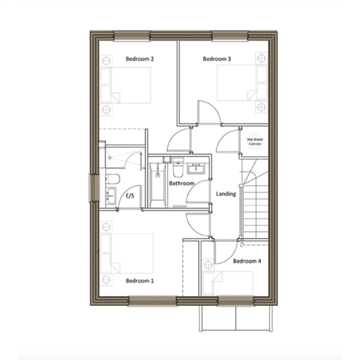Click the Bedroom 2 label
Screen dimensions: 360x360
[140, 59]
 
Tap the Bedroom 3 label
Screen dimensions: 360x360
[217, 59]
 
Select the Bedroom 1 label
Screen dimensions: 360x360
[140, 281]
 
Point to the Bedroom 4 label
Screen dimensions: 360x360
[247, 261]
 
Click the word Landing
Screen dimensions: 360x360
[226, 194]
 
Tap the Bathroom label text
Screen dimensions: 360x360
[182, 183]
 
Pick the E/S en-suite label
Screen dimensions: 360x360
[130, 196]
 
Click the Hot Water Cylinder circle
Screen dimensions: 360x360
[255, 142]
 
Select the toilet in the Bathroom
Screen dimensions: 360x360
[178, 167]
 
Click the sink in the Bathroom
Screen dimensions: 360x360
[196, 169]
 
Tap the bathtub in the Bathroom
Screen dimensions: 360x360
[157, 182]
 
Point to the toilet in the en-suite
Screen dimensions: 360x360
[113, 179]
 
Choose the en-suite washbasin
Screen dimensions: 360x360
[111, 196]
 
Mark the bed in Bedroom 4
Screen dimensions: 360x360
[228, 284]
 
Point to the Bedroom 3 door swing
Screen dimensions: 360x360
[209, 113]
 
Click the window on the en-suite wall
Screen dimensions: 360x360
[94, 188]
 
